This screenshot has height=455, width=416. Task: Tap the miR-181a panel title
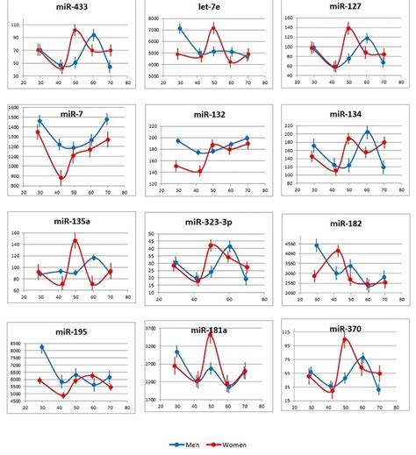tap(205, 330)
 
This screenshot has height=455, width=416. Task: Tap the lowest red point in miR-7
tap(61, 179)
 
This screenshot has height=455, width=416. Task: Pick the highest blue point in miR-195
tap(41, 347)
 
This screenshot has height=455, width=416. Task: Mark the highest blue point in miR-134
tap(368, 132)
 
